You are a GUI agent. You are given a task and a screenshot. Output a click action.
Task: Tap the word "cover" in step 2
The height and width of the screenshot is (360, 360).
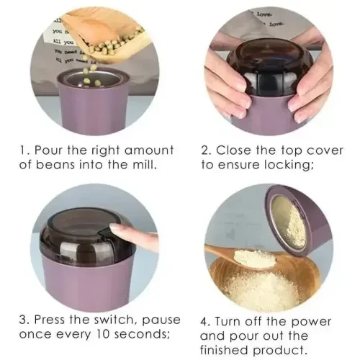point(309,150)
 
